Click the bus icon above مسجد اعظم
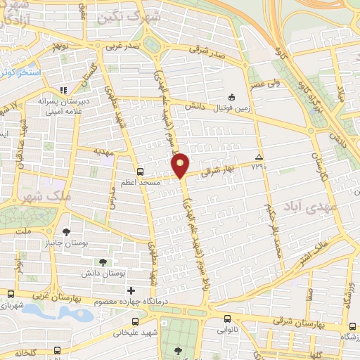click(x=140, y=171)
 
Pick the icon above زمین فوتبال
click(x=232, y=97)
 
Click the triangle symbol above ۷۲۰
click(x=259, y=156)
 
